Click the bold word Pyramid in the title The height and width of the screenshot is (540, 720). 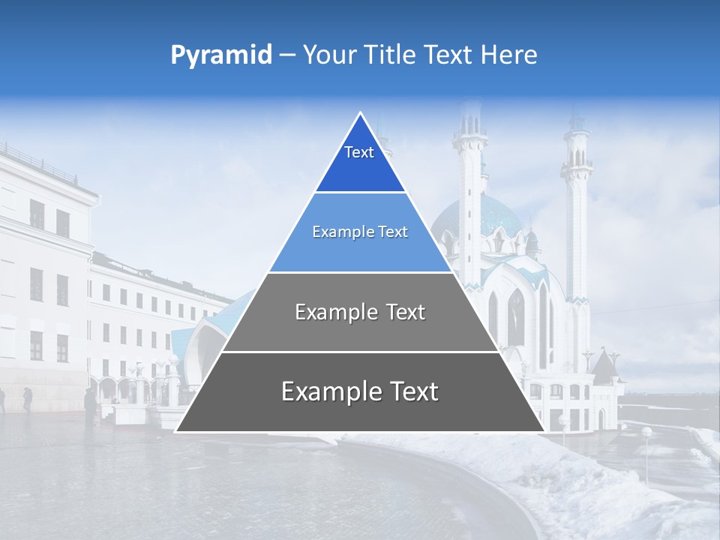coord(221,55)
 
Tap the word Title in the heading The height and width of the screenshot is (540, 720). coord(393,55)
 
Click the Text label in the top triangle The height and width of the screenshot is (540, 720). coord(359,152)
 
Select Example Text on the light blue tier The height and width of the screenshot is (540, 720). coord(360,232)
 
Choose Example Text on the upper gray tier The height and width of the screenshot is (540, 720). coord(360,312)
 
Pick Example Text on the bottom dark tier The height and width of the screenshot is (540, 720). coord(360,391)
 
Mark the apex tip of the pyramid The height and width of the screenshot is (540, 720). coord(361,113)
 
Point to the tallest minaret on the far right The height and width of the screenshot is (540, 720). coord(577,210)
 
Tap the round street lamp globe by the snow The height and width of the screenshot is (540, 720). coord(646,432)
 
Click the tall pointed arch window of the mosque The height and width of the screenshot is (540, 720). coord(516,315)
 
